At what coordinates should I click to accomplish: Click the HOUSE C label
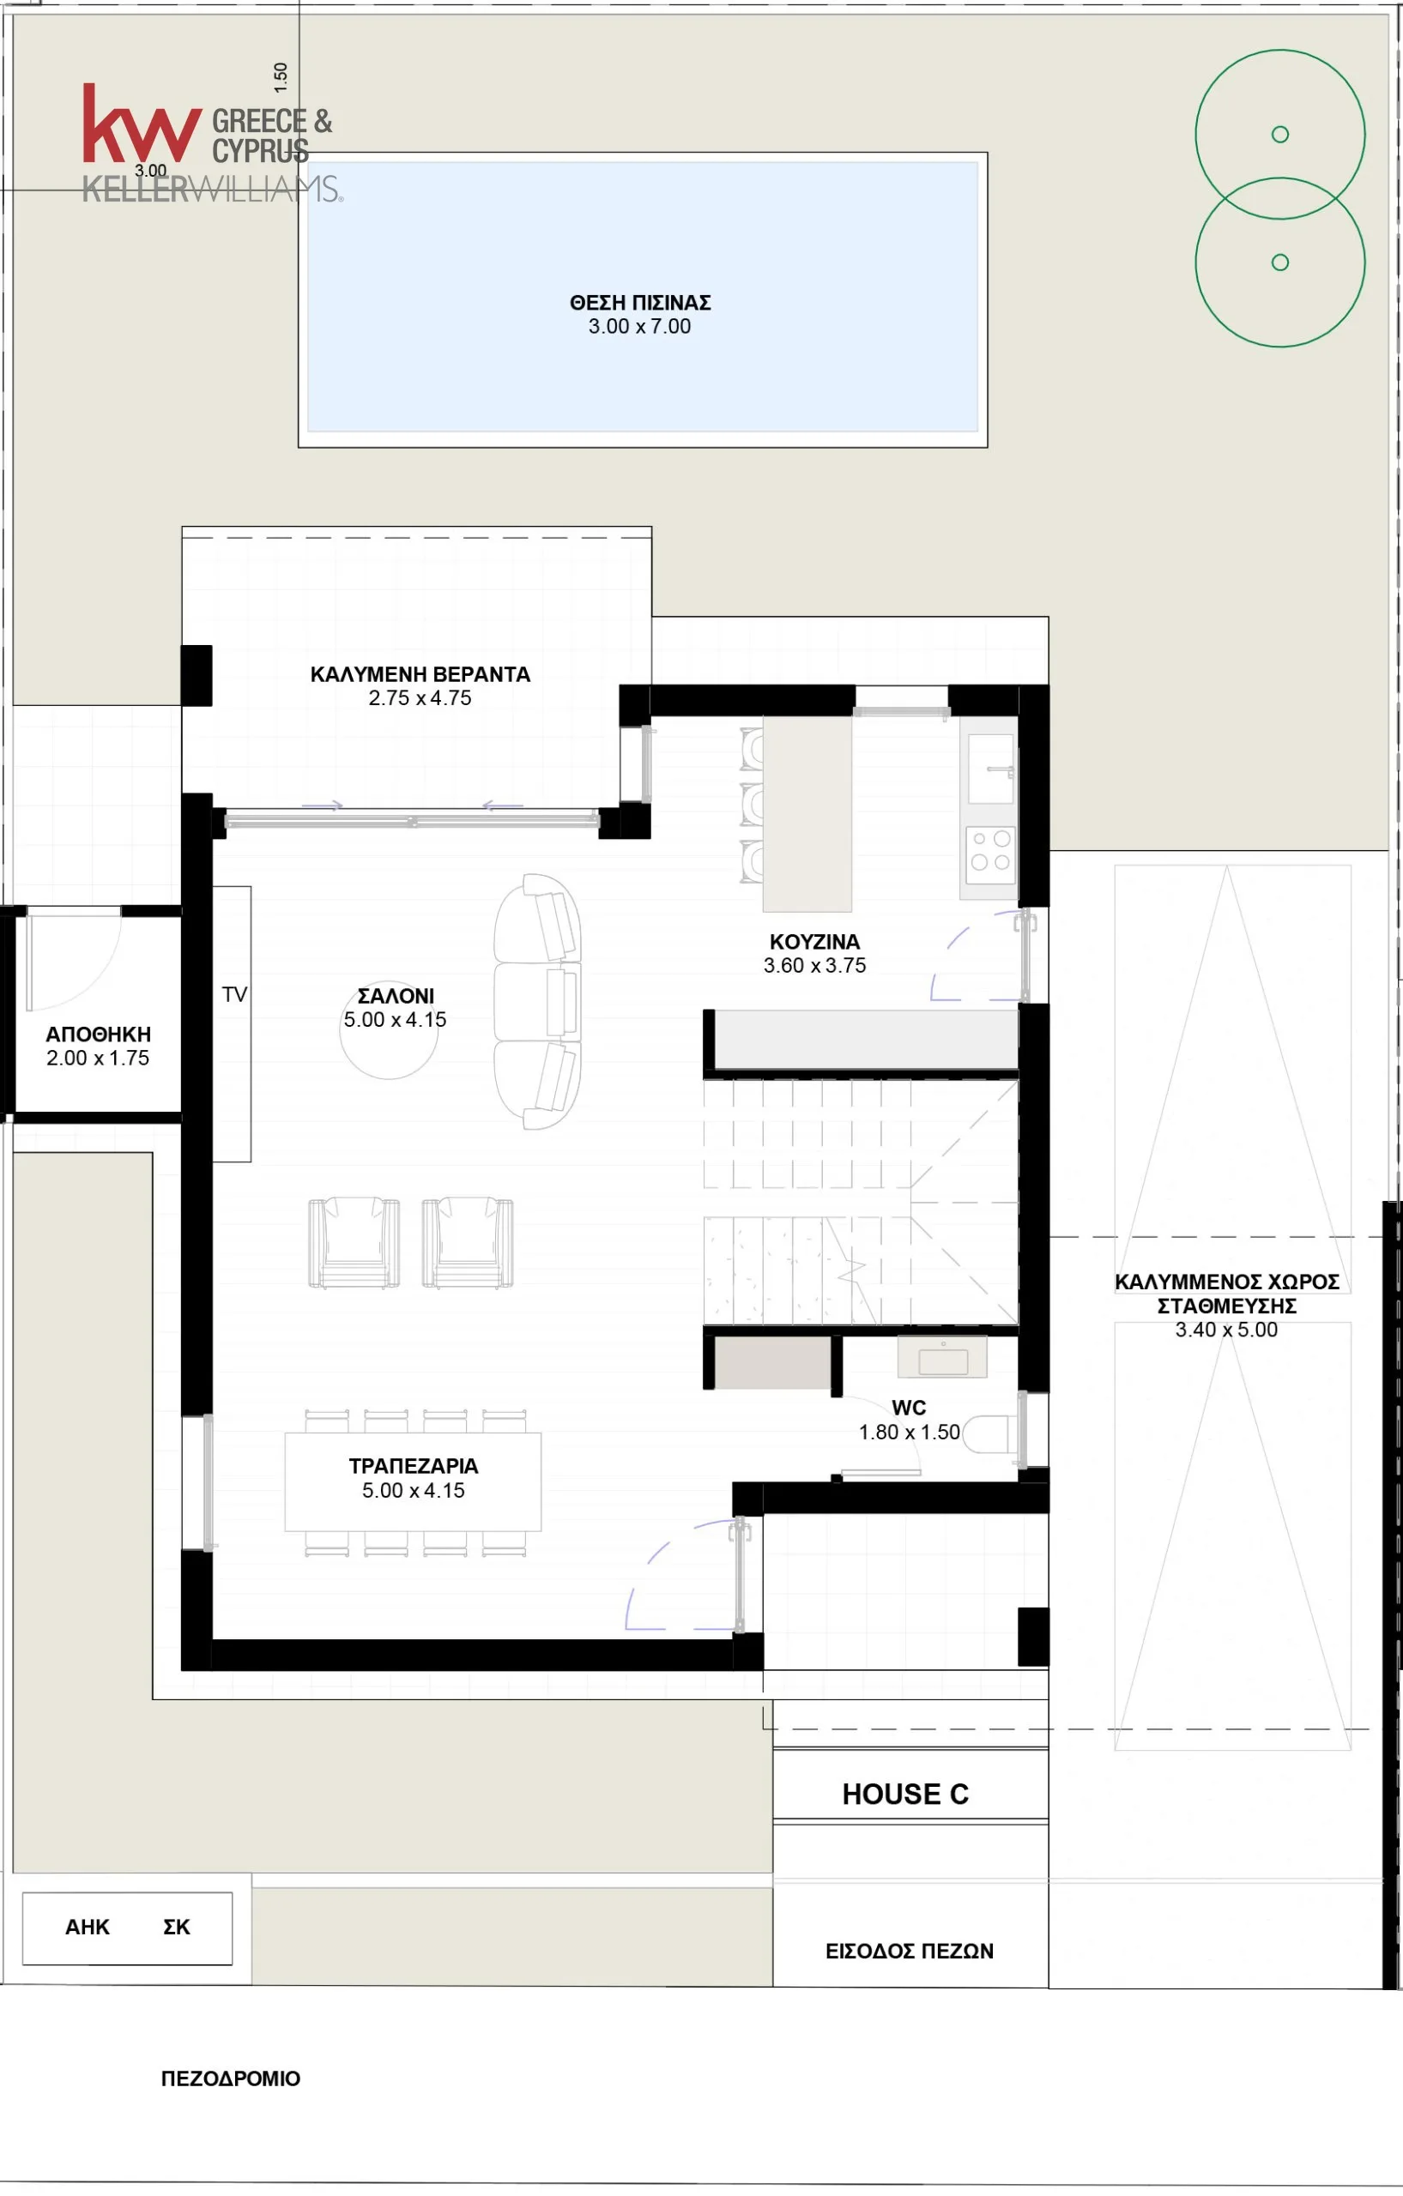[905, 1794]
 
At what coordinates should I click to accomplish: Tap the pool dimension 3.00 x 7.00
[639, 327]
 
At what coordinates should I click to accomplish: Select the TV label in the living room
[234, 994]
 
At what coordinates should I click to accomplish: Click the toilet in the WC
[986, 1434]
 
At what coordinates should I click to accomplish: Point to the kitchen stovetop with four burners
[990, 851]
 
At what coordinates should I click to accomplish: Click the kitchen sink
[990, 769]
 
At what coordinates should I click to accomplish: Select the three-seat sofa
[537, 1001]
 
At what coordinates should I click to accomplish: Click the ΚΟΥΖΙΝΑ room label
[814, 941]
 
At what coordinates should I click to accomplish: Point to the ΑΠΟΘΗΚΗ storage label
[99, 1035]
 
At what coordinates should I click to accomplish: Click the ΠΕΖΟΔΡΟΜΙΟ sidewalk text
[231, 2078]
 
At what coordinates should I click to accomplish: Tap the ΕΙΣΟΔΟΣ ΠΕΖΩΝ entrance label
[910, 1951]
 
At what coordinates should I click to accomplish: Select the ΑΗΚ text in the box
[88, 1927]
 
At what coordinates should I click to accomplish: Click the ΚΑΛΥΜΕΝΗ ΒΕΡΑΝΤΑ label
[420, 674]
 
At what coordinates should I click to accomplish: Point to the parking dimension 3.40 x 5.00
[1226, 1330]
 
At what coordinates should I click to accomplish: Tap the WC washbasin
[942, 1356]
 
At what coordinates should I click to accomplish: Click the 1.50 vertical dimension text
[281, 77]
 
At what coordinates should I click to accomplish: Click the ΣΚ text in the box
[177, 1927]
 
